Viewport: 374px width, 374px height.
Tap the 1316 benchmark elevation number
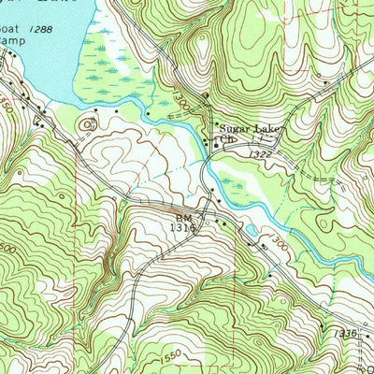point(183,225)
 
